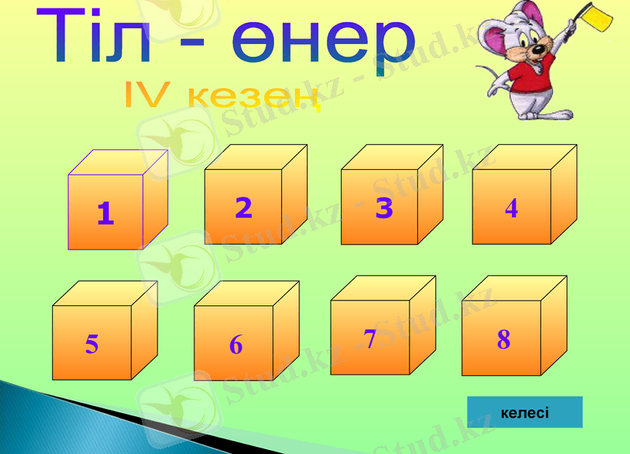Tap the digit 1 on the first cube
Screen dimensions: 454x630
click(105, 212)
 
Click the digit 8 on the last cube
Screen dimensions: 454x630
click(504, 339)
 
